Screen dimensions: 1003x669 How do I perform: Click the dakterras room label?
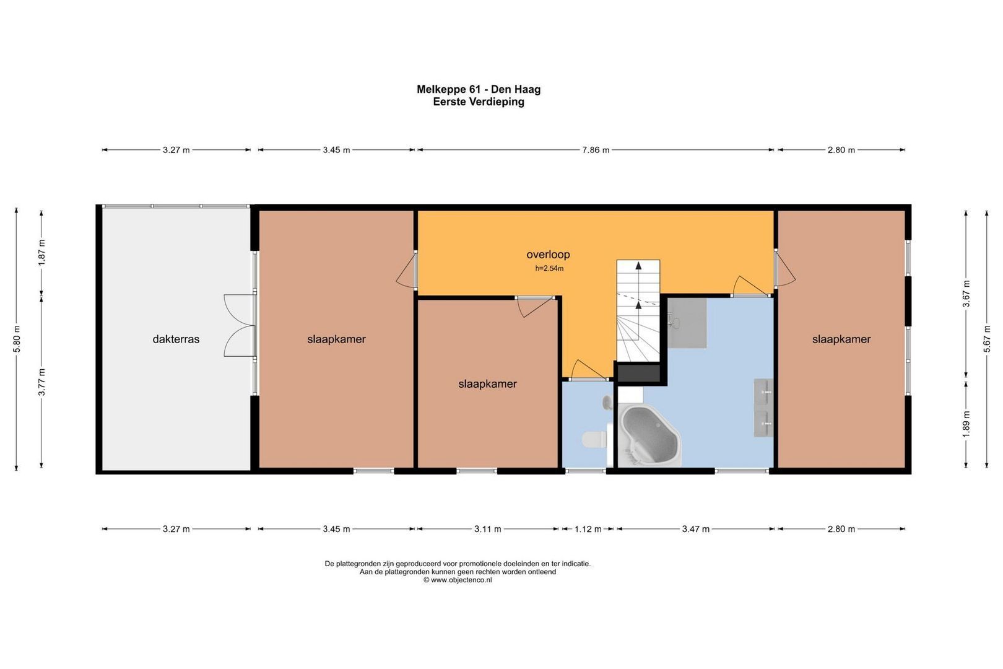click(x=176, y=339)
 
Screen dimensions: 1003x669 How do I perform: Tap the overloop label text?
click(x=548, y=255)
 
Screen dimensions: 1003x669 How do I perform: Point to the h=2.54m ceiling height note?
click(x=549, y=269)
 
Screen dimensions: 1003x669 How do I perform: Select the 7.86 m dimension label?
click(x=596, y=150)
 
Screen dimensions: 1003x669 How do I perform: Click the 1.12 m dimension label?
click(x=588, y=529)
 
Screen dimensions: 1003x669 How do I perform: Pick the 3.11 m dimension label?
click(x=488, y=529)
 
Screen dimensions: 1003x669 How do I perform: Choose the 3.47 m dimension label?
click(x=696, y=529)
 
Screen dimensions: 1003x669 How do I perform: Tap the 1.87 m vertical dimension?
click(x=41, y=252)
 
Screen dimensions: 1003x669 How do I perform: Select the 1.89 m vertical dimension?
click(x=966, y=424)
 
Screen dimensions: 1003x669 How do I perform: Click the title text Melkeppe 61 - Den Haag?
click(x=479, y=89)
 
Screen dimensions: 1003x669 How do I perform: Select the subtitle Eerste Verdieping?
click(x=479, y=102)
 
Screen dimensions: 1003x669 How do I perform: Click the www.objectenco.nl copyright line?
click(x=458, y=580)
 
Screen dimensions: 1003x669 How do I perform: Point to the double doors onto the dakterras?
click(x=240, y=325)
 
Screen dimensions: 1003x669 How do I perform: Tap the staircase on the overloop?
click(x=638, y=310)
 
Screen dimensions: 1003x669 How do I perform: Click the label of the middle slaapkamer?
click(x=488, y=384)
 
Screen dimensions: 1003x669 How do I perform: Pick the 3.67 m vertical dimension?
click(x=966, y=294)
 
